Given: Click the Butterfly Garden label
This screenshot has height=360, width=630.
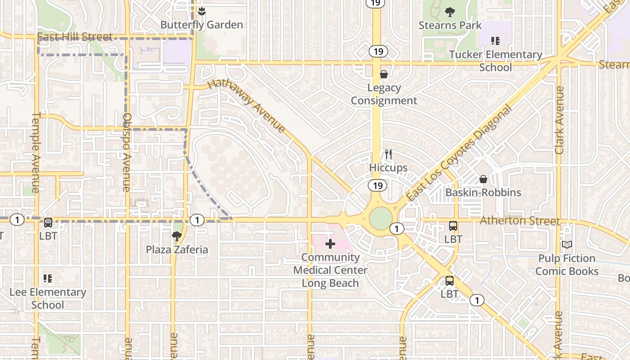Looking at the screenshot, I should pyautogui.click(x=202, y=25).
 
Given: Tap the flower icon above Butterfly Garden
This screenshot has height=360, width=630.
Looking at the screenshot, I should pyautogui.click(x=202, y=11).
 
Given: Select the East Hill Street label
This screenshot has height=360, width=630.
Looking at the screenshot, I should pyautogui.click(x=75, y=36).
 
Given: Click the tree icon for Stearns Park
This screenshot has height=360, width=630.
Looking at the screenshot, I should pyautogui.click(x=450, y=12).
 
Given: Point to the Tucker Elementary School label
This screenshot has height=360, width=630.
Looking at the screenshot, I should pyautogui.click(x=495, y=61).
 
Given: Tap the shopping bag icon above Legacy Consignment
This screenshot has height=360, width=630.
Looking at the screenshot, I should pyautogui.click(x=384, y=74).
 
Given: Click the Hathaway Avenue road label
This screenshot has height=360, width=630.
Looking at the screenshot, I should pyautogui.click(x=247, y=106).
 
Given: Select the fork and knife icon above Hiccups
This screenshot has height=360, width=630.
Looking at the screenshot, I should pyautogui.click(x=388, y=155).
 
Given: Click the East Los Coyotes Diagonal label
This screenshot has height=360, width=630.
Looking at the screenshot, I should pyautogui.click(x=459, y=153).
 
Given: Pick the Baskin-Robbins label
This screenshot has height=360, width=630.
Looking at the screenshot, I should pyautogui.click(x=483, y=193).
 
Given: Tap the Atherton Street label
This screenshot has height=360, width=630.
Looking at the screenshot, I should pyautogui.click(x=520, y=220).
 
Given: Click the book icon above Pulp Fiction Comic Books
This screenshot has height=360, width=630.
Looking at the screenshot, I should pyautogui.click(x=567, y=244).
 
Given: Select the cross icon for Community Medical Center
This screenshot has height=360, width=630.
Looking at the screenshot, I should pyautogui.click(x=330, y=244).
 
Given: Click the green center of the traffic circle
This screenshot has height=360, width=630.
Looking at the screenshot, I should pyautogui.click(x=381, y=218).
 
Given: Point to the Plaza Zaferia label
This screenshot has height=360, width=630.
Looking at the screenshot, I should pyautogui.click(x=177, y=249).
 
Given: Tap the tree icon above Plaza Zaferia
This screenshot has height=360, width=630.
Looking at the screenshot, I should pyautogui.click(x=177, y=235).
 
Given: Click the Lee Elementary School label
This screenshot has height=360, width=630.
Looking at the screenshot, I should pyautogui.click(x=48, y=298).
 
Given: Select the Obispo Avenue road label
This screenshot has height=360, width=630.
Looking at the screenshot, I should pyautogui.click(x=126, y=152).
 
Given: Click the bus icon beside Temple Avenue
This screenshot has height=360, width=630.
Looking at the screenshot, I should pyautogui.click(x=48, y=222).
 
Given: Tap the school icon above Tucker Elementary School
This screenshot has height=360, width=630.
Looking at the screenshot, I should pyautogui.click(x=495, y=41).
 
